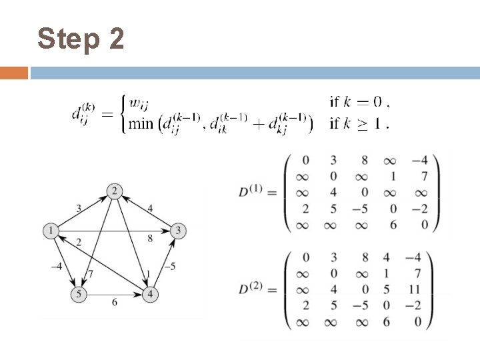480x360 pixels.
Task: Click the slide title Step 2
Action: pyautogui.click(x=81, y=39)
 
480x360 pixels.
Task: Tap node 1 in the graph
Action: pyautogui.click(x=50, y=231)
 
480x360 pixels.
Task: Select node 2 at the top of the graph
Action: pyautogui.click(x=115, y=192)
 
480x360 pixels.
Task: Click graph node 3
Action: pyautogui.click(x=179, y=231)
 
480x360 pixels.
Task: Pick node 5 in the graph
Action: pyautogui.click(x=78, y=292)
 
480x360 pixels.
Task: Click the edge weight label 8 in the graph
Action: pyautogui.click(x=149, y=237)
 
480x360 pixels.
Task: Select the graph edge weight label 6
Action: pyautogui.click(x=115, y=302)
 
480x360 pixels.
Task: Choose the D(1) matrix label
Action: pyautogui.click(x=251, y=193)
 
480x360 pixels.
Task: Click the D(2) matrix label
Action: pyautogui.click(x=251, y=290)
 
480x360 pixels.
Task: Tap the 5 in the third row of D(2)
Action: pyautogui.click(x=393, y=290)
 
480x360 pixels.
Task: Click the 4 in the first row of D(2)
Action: pyautogui.click(x=393, y=257)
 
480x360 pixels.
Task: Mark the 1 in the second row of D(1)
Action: pyautogui.click(x=393, y=177)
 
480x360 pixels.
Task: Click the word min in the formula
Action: pyautogui.click(x=141, y=124)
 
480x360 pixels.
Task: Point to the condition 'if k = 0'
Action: pyautogui.click(x=357, y=102)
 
